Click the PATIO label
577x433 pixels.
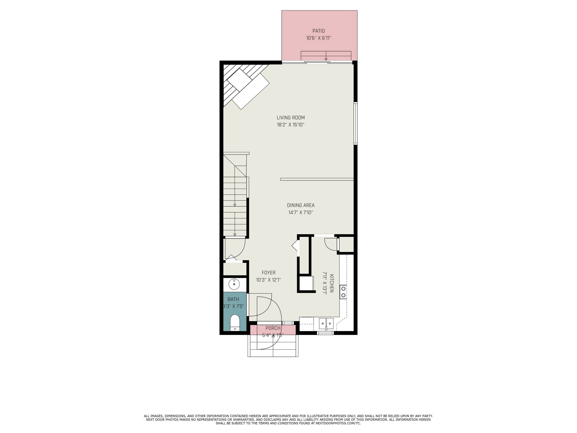click(319, 31)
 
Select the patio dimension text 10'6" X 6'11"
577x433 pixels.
click(319, 38)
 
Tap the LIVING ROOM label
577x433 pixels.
click(291, 118)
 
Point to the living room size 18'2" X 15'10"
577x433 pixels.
click(291, 125)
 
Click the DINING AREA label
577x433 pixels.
click(300, 205)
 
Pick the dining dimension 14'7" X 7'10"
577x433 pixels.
click(300, 212)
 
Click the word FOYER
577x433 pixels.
click(268, 273)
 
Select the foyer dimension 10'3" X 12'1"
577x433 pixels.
click(268, 280)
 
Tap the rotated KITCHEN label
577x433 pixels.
click(332, 283)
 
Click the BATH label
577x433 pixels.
click(233, 299)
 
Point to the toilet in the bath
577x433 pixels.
click(235, 323)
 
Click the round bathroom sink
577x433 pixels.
click(234, 284)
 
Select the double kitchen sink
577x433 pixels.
click(326, 324)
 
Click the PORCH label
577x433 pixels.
click(273, 328)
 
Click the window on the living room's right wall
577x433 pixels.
click(355, 123)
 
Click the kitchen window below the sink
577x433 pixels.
click(325, 333)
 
